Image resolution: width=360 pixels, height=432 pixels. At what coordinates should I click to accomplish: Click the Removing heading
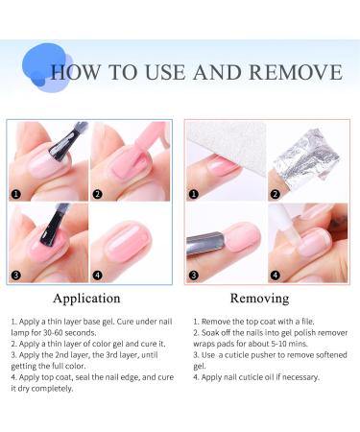[259, 299]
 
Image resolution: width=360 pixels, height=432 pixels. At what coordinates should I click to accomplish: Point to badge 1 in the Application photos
[15, 193]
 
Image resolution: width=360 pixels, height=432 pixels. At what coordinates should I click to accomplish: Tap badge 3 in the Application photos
[15, 276]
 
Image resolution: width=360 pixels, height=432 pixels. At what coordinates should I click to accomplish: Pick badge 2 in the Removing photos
[276, 193]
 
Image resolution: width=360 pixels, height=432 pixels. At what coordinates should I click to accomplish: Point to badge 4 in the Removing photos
[276, 276]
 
